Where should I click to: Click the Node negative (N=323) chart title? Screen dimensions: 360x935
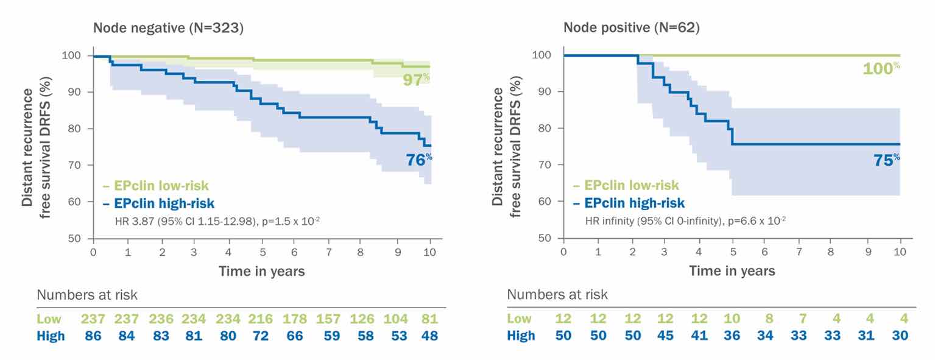[168, 28]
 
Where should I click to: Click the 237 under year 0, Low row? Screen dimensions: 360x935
[93, 319]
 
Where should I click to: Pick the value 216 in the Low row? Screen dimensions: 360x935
[261, 319]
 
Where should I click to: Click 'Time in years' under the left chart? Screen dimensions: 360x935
[262, 271]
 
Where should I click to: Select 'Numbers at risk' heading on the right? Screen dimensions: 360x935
[557, 295]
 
